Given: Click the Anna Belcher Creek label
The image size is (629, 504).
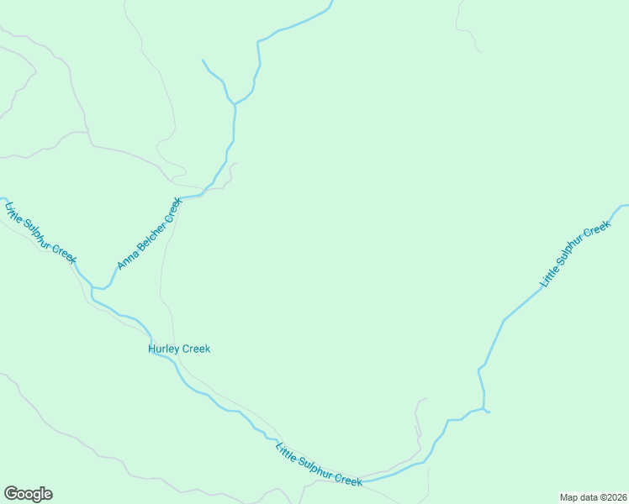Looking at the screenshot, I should click(x=150, y=234).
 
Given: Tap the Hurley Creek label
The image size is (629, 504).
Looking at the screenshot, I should click(x=179, y=349).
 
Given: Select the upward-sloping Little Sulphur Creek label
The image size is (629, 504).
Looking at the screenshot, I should click(x=574, y=255).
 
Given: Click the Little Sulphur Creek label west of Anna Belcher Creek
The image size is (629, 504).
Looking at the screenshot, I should click(x=40, y=233).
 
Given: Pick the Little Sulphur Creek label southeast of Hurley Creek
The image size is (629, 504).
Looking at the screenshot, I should click(x=319, y=464).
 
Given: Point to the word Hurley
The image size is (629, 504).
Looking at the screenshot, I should click(x=162, y=349).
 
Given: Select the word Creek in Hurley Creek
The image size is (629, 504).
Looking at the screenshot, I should click(x=194, y=349).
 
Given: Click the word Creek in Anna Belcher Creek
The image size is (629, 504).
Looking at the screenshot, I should click(x=172, y=208).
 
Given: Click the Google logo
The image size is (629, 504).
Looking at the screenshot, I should click(x=28, y=494).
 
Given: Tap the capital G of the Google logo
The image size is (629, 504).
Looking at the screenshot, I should click(x=10, y=493).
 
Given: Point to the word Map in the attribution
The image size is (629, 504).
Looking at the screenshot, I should click(x=569, y=496).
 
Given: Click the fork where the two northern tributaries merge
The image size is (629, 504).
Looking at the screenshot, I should click(x=235, y=104).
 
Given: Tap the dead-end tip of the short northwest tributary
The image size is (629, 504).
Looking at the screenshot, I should click(x=203, y=60).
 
